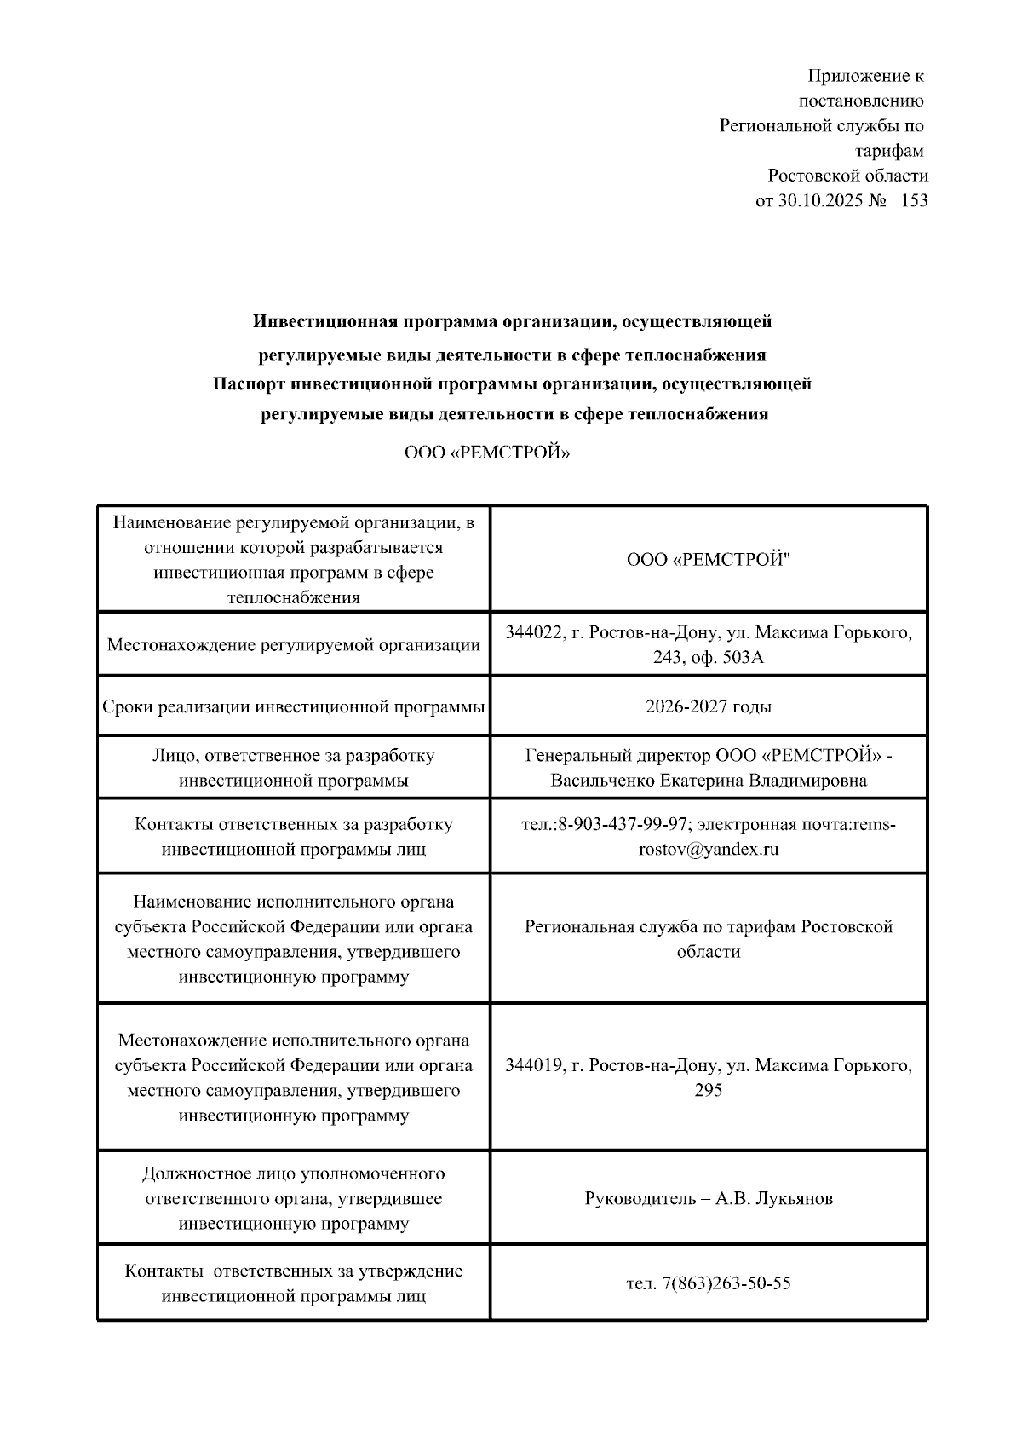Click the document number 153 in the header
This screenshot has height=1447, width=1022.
913,201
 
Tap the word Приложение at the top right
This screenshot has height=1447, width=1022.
857,77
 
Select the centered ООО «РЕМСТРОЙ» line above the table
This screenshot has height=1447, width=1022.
487,453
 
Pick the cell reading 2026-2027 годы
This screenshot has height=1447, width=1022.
709,706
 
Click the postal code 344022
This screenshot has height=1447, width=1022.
534,632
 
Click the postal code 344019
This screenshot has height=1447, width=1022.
534,1065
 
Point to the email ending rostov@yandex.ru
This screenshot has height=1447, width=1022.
709,850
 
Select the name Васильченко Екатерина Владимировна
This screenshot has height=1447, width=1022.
709,781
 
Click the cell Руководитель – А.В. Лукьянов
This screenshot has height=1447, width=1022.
709,1199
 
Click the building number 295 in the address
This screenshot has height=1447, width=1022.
709,1091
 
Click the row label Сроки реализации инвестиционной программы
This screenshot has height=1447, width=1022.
294,706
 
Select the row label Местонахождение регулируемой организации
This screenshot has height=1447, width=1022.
294,645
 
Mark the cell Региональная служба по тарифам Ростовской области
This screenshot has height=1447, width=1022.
709,939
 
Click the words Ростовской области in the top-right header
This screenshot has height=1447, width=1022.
847,176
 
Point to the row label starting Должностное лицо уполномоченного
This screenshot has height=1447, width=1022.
294,1174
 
